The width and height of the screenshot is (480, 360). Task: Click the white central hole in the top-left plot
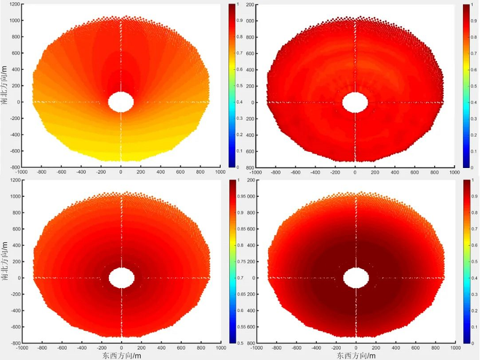tap(121, 101)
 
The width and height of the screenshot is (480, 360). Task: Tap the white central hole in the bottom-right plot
tap(356, 277)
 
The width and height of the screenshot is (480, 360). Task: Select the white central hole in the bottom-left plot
tap(122, 277)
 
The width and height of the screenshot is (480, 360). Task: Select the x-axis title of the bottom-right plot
tap(356, 355)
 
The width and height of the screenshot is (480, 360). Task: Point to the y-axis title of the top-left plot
tap(4, 85)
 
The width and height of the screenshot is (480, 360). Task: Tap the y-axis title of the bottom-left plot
tap(4, 261)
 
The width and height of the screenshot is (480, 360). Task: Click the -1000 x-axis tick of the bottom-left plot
tap(22, 348)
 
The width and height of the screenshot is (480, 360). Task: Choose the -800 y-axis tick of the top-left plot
tap(13, 167)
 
